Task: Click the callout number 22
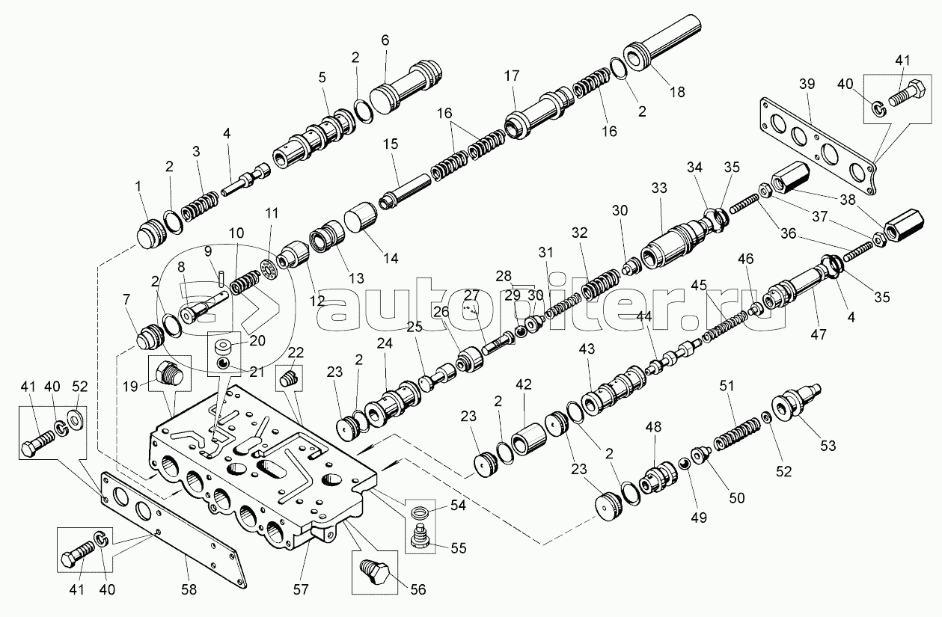pyautogui.click(x=296, y=352)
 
